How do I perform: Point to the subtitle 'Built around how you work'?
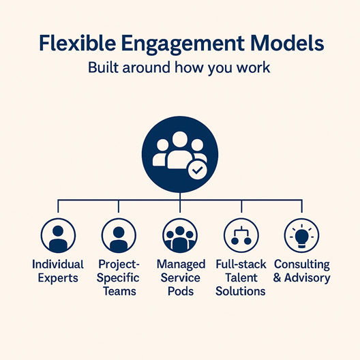pyautogui.click(x=180, y=69)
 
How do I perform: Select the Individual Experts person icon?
pyautogui.click(x=58, y=236)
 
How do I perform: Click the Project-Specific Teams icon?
pyautogui.click(x=119, y=236)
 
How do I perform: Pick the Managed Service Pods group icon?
pyautogui.click(x=180, y=236)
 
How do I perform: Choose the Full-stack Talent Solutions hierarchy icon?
pyautogui.click(x=240, y=236)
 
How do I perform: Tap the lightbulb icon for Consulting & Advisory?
pyautogui.click(x=301, y=236)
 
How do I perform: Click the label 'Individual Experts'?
pyautogui.click(x=58, y=271)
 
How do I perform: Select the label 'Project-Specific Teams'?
pyautogui.click(x=119, y=277)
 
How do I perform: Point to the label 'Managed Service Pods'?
pyautogui.click(x=179, y=277)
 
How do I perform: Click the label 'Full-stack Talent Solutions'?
pyautogui.click(x=240, y=277)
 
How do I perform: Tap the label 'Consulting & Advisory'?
pyautogui.click(x=301, y=271)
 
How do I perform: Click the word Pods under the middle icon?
pyautogui.click(x=179, y=291)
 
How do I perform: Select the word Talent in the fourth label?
pyautogui.click(x=240, y=277)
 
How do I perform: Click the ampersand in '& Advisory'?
pyautogui.click(x=278, y=278)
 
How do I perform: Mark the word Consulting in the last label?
pyautogui.click(x=301, y=264)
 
